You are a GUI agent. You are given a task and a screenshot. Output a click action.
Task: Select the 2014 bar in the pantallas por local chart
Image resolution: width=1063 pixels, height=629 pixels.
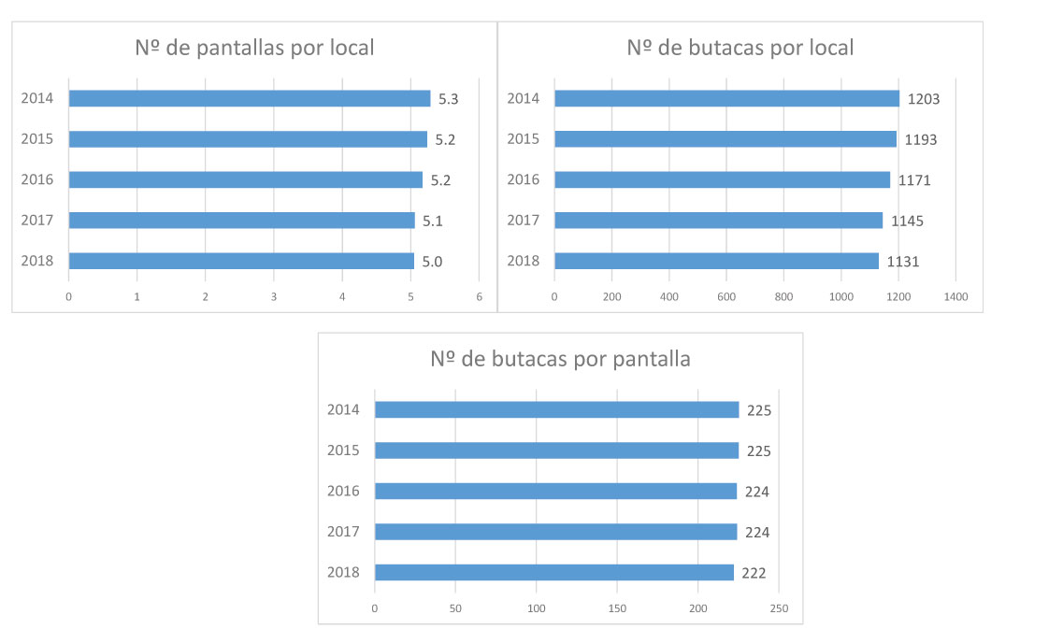point(249,98)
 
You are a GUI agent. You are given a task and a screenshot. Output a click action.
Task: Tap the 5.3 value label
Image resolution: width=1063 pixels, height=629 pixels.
point(448,99)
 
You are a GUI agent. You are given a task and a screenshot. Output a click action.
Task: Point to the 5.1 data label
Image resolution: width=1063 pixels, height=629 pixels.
point(432,222)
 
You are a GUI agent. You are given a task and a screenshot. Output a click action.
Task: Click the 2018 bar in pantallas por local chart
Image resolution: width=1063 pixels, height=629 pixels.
point(240,261)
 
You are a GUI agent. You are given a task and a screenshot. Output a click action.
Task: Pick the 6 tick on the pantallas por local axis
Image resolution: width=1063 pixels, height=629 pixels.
point(479,296)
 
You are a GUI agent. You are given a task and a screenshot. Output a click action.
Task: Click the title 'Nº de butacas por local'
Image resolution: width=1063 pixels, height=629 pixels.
point(740,48)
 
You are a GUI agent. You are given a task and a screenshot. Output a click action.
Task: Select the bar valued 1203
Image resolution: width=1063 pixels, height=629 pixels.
point(726,98)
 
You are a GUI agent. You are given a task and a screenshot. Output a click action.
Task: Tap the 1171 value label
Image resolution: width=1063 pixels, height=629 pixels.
point(914,180)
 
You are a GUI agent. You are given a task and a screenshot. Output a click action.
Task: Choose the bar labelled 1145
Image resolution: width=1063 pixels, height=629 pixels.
point(718,221)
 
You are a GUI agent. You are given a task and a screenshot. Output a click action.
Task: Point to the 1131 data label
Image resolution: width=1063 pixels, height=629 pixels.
point(903,262)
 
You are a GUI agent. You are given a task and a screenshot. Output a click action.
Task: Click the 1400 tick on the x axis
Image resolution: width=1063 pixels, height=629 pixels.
point(955,296)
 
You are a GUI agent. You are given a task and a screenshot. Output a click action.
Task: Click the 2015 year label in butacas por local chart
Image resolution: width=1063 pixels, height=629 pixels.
point(524,139)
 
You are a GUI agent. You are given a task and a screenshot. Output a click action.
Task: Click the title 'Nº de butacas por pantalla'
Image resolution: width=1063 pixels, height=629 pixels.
point(560,359)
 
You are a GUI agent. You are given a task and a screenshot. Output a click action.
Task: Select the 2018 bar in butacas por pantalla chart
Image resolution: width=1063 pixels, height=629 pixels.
point(553,572)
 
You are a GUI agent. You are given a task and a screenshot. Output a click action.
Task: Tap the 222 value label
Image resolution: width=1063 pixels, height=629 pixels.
point(754,573)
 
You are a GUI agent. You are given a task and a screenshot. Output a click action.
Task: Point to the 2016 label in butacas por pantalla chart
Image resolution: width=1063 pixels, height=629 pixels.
point(343,491)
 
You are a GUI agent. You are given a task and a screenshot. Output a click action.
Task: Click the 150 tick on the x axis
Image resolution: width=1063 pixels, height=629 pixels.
point(617,608)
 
